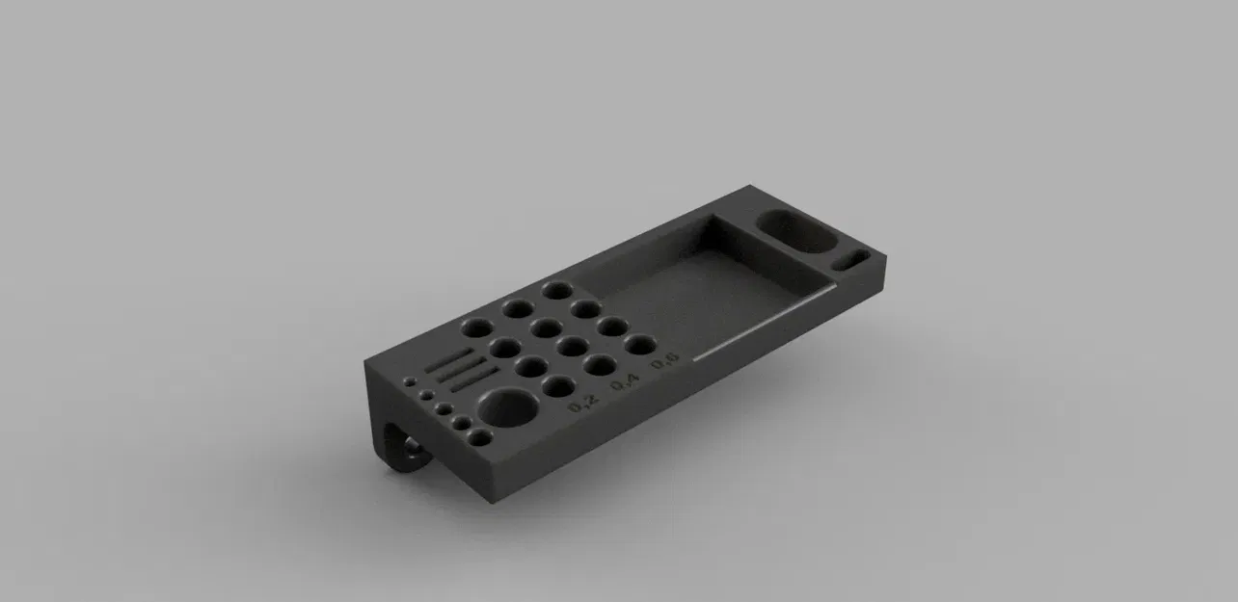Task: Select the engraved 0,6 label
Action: point(665,362)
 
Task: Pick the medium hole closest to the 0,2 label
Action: point(558,386)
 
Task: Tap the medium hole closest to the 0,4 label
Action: point(599,365)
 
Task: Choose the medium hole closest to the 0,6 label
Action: point(638,344)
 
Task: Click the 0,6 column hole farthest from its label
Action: point(555,289)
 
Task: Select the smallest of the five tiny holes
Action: point(409,380)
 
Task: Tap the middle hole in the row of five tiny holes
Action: point(443,409)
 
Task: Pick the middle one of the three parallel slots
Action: point(462,368)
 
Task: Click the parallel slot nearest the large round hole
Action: point(473,379)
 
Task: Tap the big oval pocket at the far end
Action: point(795,232)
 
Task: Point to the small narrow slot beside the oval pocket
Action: point(851,260)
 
